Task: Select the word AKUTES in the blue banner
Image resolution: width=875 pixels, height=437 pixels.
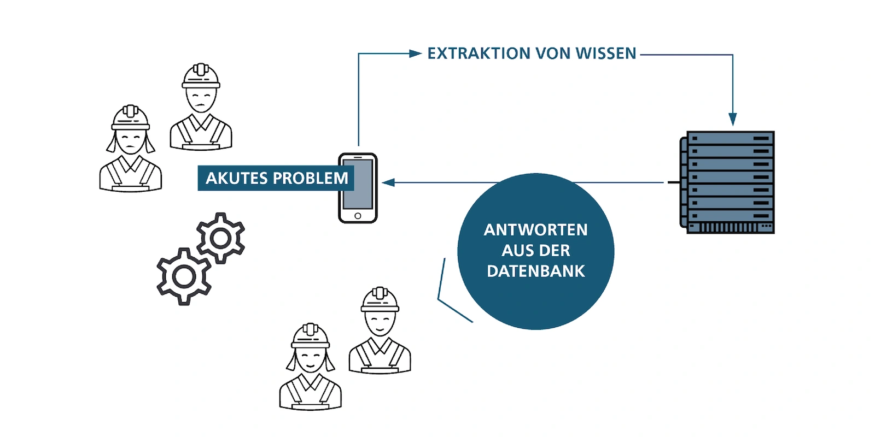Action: pyautogui.click(x=237, y=178)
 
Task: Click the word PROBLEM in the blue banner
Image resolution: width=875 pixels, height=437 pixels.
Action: pyautogui.click(x=310, y=178)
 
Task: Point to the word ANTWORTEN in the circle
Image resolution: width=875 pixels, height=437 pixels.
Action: pyautogui.click(x=535, y=230)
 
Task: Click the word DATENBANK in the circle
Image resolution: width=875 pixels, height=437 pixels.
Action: pyautogui.click(x=535, y=271)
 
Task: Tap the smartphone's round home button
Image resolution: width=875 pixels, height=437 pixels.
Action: pyautogui.click(x=358, y=216)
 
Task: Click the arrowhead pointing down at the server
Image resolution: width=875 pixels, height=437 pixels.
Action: pyautogui.click(x=732, y=119)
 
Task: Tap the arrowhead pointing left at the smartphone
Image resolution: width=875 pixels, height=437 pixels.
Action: pyautogui.click(x=388, y=182)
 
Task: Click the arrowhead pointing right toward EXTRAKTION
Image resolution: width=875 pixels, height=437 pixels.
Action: pyautogui.click(x=416, y=54)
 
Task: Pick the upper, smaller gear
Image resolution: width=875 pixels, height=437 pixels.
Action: pyautogui.click(x=220, y=238)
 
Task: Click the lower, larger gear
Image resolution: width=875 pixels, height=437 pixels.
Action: pyautogui.click(x=184, y=276)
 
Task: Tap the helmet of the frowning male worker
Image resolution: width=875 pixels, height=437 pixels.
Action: pyautogui.click(x=201, y=76)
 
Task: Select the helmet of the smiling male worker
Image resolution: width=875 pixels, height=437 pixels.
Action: pyautogui.click(x=380, y=299)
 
